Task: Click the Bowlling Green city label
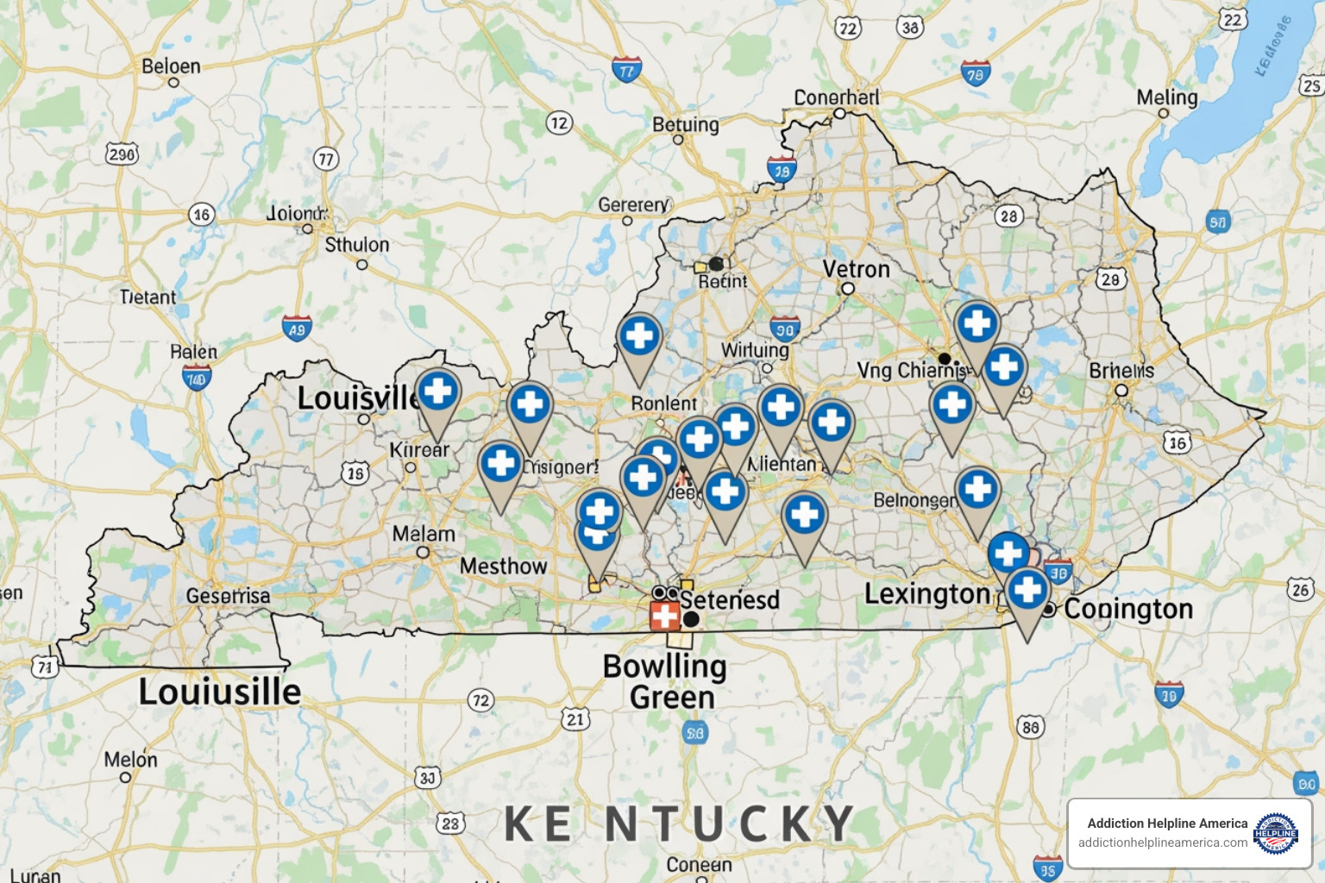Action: coord(664,681)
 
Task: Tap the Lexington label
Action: coord(927,594)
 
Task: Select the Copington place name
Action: coord(1128,609)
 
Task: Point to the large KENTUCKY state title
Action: coord(679,824)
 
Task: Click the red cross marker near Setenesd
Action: coord(664,616)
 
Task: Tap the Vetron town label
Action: coord(856,270)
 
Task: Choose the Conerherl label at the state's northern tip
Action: coord(837,97)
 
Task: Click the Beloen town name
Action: coord(171,66)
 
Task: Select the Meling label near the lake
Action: coord(1167,97)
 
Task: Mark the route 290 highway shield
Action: coord(122,154)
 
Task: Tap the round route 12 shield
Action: coord(559,123)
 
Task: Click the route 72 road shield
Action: coord(481,700)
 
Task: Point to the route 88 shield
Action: coord(1030,727)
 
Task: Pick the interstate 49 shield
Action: coord(297,329)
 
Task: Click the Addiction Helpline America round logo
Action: coord(1275,833)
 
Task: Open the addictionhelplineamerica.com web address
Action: coord(1162,842)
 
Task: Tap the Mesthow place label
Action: coord(503,567)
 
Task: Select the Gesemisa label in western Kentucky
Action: coord(228,596)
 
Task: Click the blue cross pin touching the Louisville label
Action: coord(438,392)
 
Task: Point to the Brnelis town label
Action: coord(1121,371)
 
